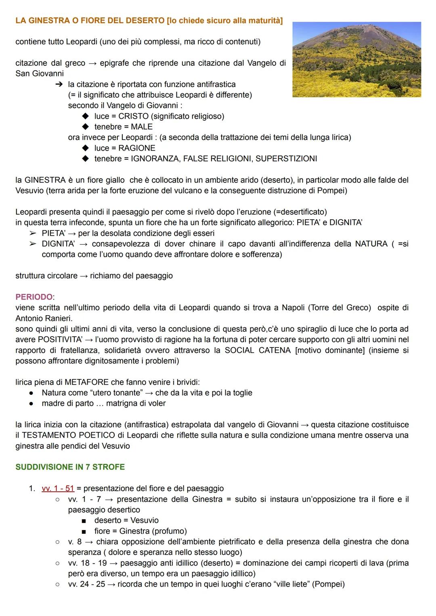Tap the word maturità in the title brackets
click(264, 21)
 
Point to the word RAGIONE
click(137, 148)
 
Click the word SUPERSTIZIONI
click(286, 159)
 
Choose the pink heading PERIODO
click(34, 297)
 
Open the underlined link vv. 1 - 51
click(58, 488)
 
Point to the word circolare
click(61, 276)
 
